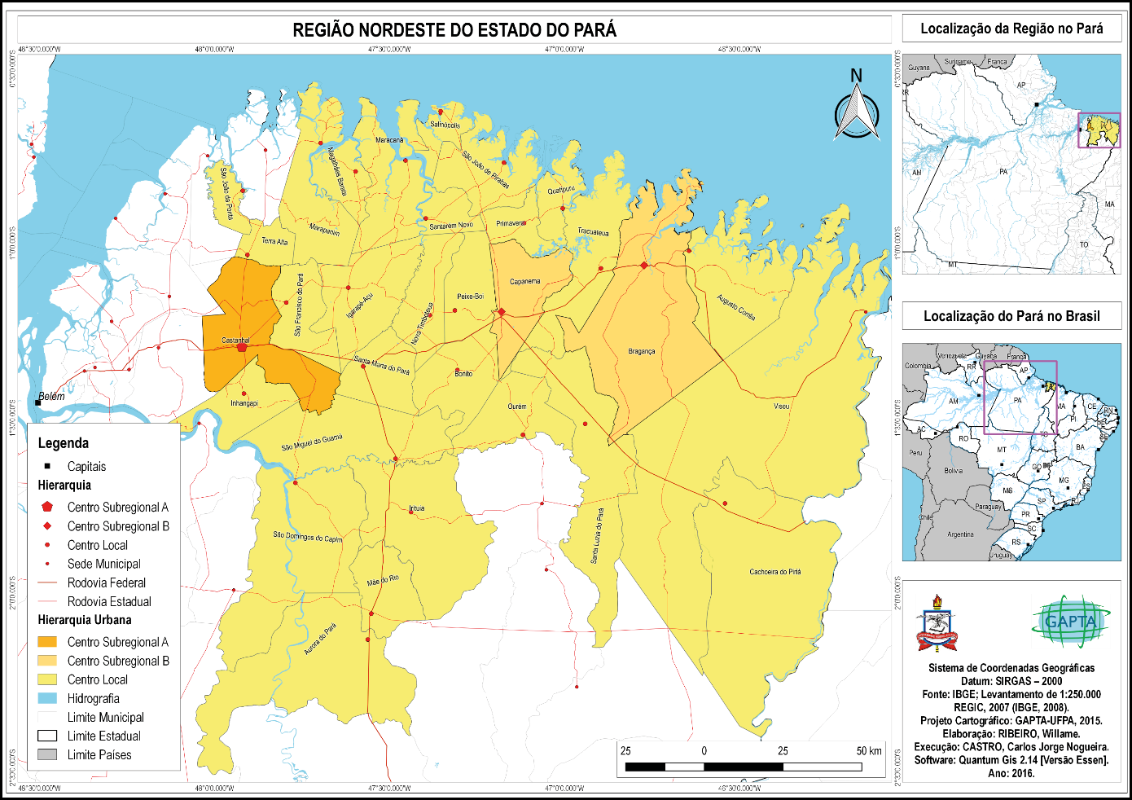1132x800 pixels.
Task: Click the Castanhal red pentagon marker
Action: pyautogui.click(x=242, y=347)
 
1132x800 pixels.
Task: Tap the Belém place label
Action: pyautogui.click(x=52, y=396)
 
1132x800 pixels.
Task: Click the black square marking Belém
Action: pyautogui.click(x=37, y=402)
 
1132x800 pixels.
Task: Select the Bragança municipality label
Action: pyautogui.click(x=642, y=352)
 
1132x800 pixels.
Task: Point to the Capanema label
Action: pyautogui.click(x=524, y=282)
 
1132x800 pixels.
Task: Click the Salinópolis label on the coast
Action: pyautogui.click(x=445, y=125)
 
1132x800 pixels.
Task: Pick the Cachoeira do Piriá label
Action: pyautogui.click(x=774, y=572)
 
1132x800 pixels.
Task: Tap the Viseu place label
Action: pyautogui.click(x=782, y=406)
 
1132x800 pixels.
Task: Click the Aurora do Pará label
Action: pyautogui.click(x=320, y=640)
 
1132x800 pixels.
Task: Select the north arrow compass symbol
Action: pyautogui.click(x=857, y=110)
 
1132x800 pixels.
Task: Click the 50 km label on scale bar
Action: pyautogui.click(x=869, y=750)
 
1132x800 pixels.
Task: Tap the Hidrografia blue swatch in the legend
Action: pyautogui.click(x=47, y=698)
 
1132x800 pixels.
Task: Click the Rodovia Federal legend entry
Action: pyautogui.click(x=106, y=582)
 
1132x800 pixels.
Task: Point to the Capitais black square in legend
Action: pyautogui.click(x=47, y=466)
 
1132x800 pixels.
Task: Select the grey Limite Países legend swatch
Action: pyautogui.click(x=47, y=754)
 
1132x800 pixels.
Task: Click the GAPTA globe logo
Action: pyautogui.click(x=1070, y=622)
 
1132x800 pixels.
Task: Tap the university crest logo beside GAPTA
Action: pyautogui.click(x=937, y=623)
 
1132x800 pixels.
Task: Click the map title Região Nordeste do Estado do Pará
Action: pyautogui.click(x=454, y=30)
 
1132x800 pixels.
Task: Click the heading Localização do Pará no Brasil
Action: pyautogui.click(x=1011, y=316)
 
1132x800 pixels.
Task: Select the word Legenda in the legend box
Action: pyautogui.click(x=64, y=443)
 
